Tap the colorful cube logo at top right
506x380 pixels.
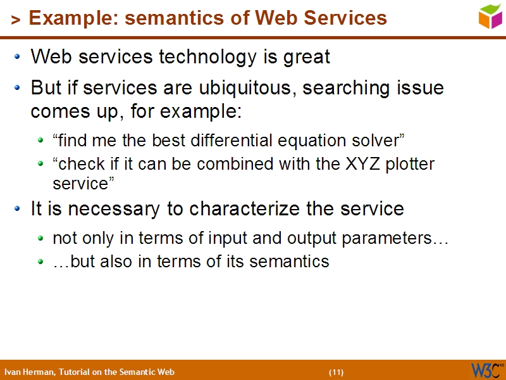tap(490, 16)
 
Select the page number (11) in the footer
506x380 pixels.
tap(336, 372)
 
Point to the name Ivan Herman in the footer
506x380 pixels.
tap(29, 372)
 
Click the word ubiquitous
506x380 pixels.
tap(249, 87)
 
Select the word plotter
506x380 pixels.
tap(410, 164)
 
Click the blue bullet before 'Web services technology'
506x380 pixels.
tap(18, 57)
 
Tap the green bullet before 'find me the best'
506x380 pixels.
tap(41, 141)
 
